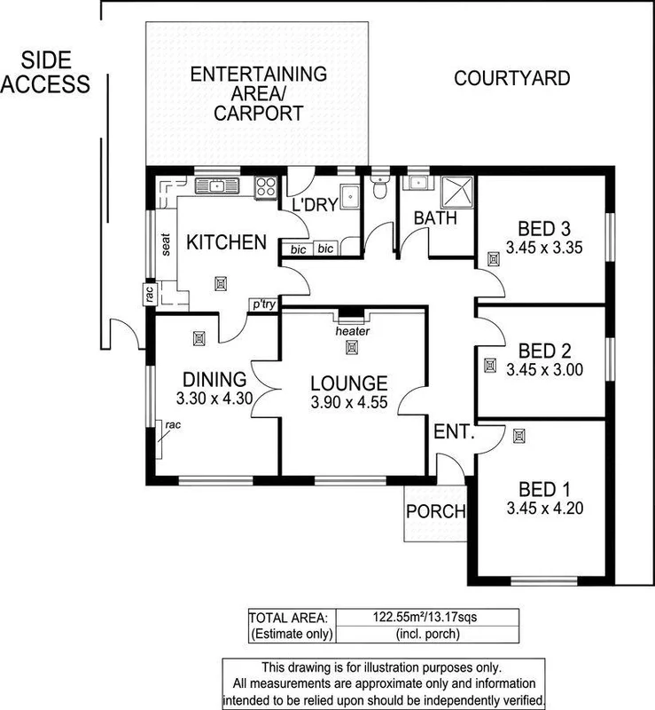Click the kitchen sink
click(x=215, y=186)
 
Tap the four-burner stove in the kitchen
click(x=265, y=186)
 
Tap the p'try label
click(x=262, y=304)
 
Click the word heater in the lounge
click(x=353, y=332)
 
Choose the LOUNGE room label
click(x=349, y=383)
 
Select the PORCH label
click(x=434, y=511)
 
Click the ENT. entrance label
click(x=455, y=434)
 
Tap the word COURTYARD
click(x=511, y=78)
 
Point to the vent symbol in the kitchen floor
click(x=220, y=283)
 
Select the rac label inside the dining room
click(x=172, y=425)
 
